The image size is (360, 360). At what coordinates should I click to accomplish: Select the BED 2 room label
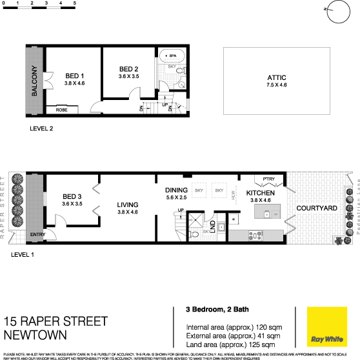[129, 69]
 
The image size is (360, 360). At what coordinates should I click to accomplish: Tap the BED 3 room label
[73, 197]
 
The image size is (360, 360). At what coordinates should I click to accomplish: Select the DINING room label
[176, 190]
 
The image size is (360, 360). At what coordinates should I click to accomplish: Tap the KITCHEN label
[261, 193]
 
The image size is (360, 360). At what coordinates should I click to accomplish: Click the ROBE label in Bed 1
[62, 110]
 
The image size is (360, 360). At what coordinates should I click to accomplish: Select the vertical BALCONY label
[34, 82]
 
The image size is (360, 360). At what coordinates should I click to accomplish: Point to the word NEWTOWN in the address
[36, 335]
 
